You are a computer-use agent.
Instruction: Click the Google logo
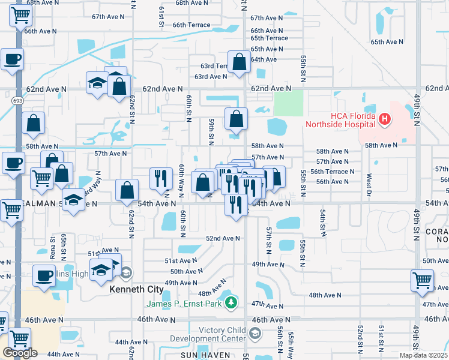pos(20,353)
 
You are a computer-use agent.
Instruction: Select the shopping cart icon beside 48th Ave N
pos(422,281)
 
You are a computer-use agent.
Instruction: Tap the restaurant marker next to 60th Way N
pos(160,179)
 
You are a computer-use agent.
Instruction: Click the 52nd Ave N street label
pos(223,238)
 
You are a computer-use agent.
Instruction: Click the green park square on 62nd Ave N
pos(289,103)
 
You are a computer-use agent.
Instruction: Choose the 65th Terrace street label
pos(269,38)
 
